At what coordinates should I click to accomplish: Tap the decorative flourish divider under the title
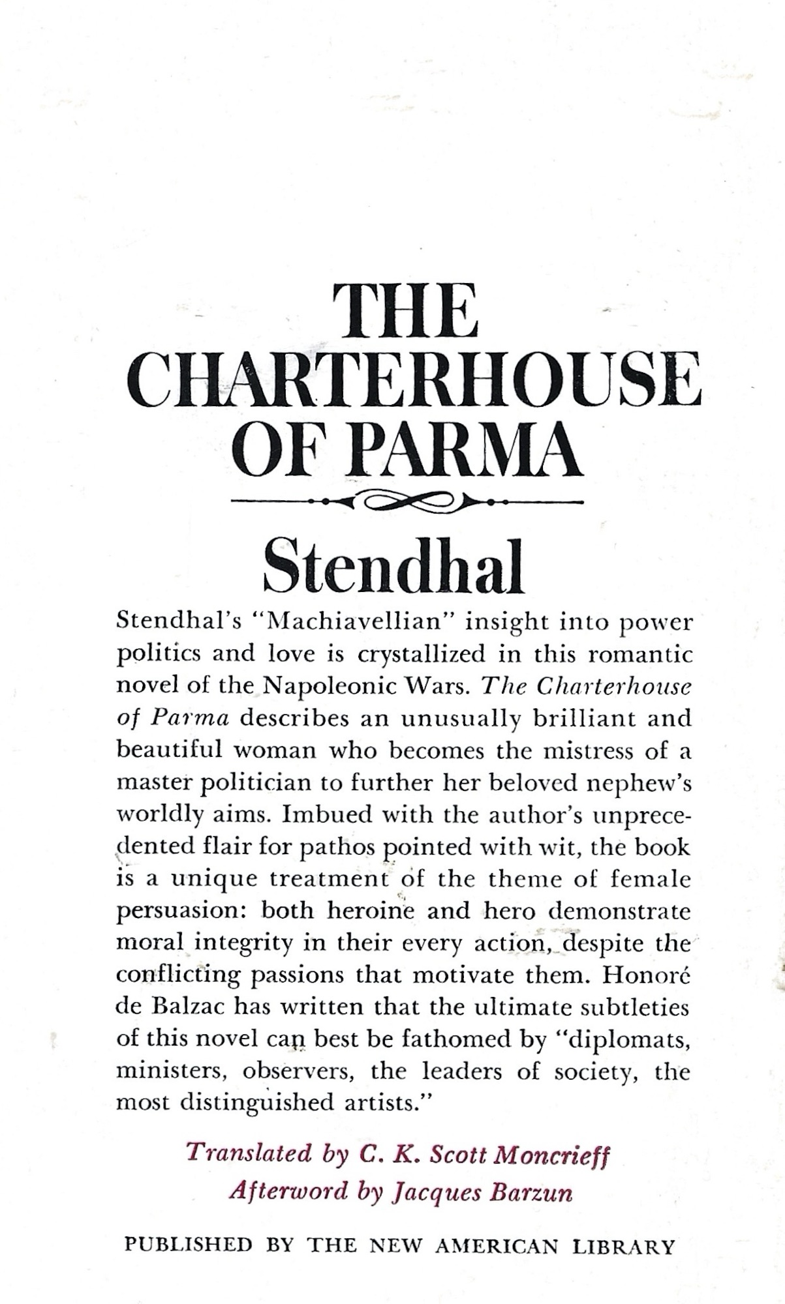(x=408, y=502)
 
